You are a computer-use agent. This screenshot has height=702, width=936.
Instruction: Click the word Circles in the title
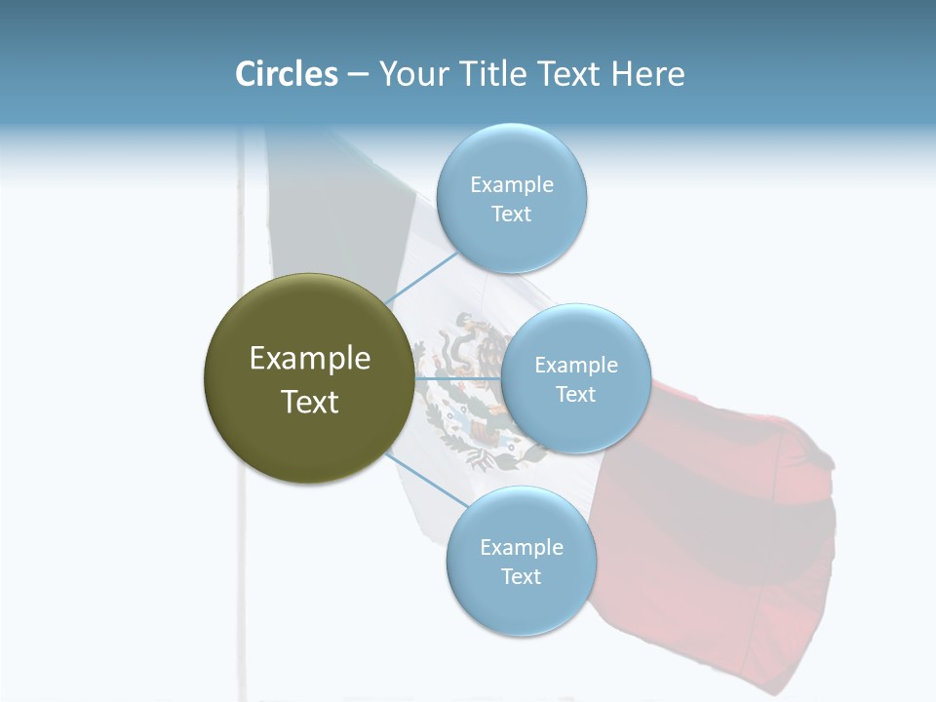(x=286, y=74)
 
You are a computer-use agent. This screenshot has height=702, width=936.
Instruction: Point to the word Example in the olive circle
(x=310, y=359)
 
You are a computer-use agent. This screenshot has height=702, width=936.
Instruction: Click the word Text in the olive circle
(x=310, y=402)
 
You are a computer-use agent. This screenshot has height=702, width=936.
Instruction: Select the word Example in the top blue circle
(x=512, y=184)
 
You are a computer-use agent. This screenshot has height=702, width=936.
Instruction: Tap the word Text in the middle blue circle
(x=575, y=394)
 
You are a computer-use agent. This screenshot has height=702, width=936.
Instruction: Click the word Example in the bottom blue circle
(x=521, y=547)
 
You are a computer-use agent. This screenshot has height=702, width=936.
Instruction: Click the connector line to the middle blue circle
(x=458, y=378)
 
